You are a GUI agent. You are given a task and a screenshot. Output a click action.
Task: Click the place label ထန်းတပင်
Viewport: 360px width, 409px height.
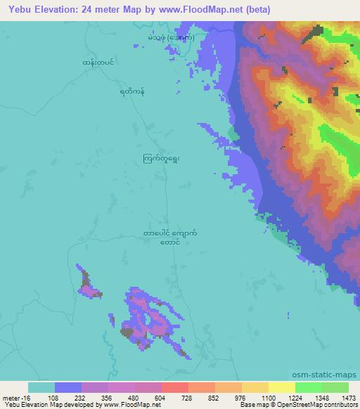point(97,63)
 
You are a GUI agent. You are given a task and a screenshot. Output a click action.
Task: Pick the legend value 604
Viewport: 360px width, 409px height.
point(161,397)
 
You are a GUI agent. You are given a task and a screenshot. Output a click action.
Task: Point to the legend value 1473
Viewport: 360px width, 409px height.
point(340,397)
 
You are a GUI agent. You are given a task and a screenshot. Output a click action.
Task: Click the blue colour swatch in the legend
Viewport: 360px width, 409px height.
point(68,387)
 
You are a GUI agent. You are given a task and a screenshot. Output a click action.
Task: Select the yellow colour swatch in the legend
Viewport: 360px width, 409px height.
point(281,387)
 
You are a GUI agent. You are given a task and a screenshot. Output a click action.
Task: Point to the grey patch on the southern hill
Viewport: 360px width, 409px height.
point(127,332)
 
